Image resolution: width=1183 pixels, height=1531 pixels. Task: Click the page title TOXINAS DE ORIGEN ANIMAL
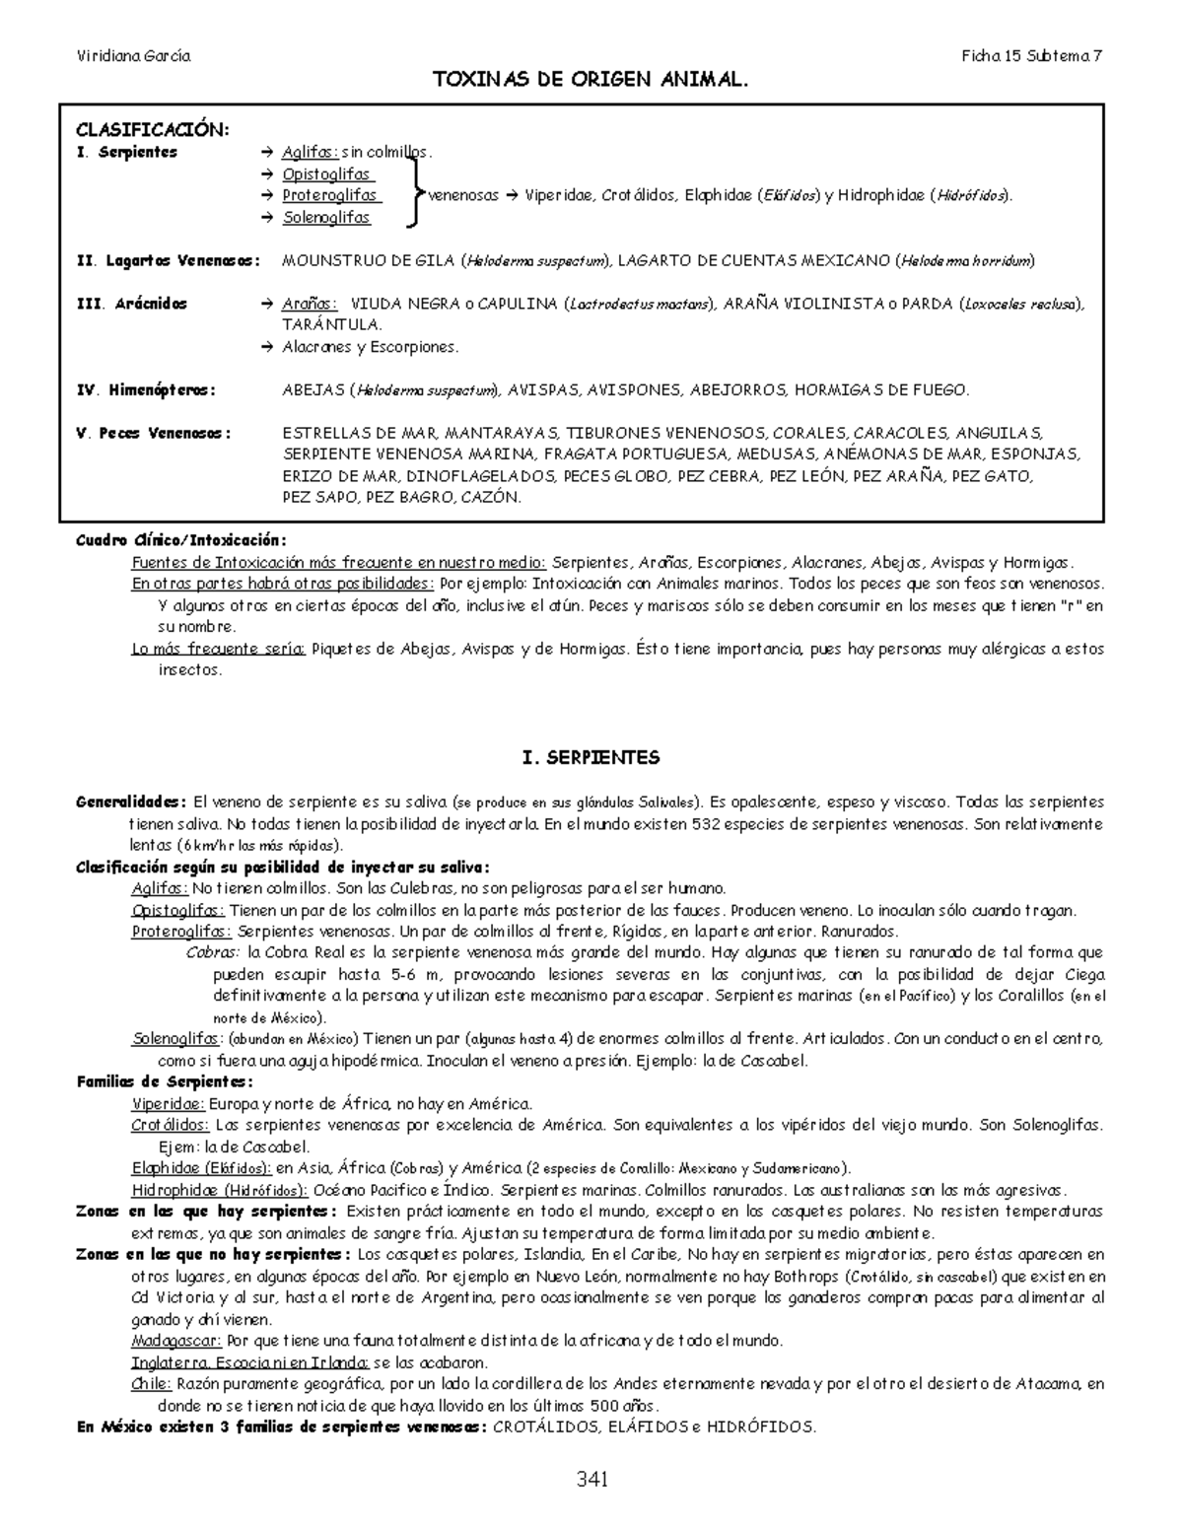tap(591, 80)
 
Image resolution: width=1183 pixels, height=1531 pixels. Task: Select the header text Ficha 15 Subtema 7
tap(1032, 56)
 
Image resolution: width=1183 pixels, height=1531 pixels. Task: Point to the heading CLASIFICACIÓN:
tap(152, 130)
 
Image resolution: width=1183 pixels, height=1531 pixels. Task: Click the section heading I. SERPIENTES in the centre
tap(591, 758)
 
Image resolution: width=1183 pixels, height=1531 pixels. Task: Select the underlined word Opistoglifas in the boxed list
tap(326, 174)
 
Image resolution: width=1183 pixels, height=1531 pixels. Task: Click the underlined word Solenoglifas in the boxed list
tap(326, 218)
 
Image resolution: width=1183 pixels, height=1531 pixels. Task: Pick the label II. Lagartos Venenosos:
tap(169, 261)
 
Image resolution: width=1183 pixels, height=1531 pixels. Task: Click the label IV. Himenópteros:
tap(146, 390)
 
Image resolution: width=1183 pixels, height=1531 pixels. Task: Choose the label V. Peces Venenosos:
tap(154, 434)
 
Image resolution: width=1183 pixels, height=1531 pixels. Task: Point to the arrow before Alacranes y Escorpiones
tap(266, 347)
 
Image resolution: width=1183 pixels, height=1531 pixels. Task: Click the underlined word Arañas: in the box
tap(310, 305)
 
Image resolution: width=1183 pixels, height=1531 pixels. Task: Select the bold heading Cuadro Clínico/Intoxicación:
tap(181, 540)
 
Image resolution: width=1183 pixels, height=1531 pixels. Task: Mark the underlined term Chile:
tap(151, 1384)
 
